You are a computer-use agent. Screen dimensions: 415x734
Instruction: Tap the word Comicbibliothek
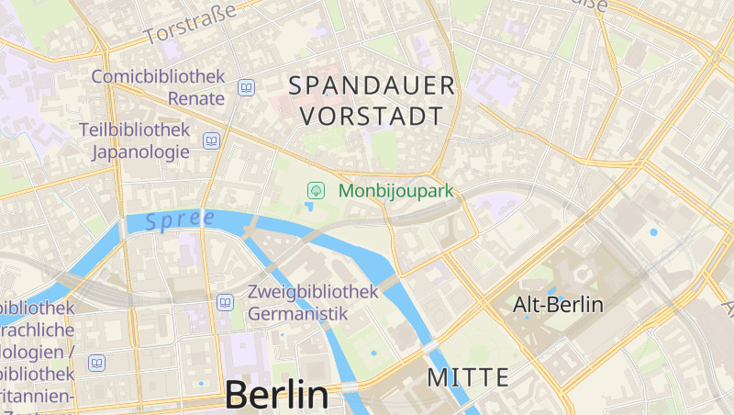[158, 77]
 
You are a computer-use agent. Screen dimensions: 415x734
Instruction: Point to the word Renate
[197, 98]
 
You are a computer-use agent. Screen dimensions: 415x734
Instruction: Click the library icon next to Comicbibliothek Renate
[246, 88]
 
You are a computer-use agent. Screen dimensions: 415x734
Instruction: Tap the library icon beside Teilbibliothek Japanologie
[212, 140]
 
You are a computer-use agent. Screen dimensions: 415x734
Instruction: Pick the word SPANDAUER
[373, 86]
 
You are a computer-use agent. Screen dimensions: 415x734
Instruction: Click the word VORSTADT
[372, 117]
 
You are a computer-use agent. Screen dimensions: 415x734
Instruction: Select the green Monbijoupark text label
[395, 191]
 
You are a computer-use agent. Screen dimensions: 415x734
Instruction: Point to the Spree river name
[179, 220]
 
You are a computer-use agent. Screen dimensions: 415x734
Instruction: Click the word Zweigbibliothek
[313, 292]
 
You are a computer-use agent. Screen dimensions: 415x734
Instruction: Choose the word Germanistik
[298, 313]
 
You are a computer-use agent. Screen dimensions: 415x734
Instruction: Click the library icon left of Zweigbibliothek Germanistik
[226, 302]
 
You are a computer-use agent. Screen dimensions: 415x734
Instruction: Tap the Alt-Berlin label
[558, 305]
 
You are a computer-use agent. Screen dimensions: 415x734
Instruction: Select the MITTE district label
[468, 376]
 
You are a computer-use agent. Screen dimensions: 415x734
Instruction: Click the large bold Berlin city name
[276, 395]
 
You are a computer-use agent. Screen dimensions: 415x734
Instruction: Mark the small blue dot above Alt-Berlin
[653, 232]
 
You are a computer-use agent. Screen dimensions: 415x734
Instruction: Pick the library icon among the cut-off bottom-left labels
[96, 363]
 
